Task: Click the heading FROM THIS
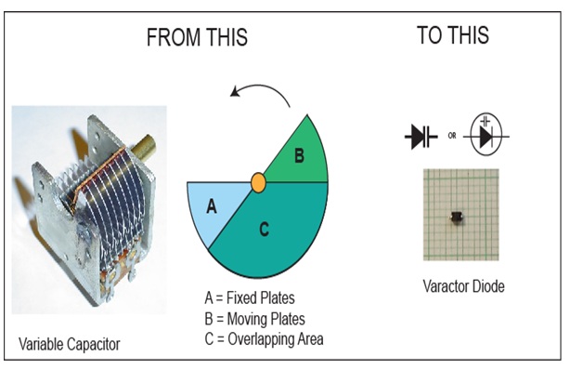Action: pos(197,37)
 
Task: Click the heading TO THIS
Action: pos(453,35)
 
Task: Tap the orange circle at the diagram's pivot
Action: pos(258,182)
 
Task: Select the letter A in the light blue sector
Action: pos(212,206)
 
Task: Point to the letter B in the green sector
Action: pos(299,155)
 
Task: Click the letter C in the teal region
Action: pos(265,230)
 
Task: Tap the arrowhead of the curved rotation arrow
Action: pos(235,92)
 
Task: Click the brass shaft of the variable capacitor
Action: pos(143,146)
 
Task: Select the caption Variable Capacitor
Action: pos(69,344)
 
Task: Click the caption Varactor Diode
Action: pos(463,286)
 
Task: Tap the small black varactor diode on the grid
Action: pos(456,217)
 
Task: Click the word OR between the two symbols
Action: pos(452,136)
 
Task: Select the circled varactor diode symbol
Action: pos(486,135)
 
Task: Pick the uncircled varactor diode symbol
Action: pos(421,137)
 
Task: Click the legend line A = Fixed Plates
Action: pos(250,297)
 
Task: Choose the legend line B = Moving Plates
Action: pos(254,319)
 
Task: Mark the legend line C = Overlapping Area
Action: pos(264,339)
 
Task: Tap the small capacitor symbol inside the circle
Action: pos(486,121)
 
